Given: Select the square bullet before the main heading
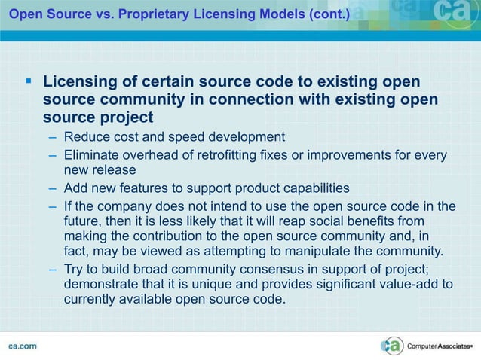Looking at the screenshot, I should pyautogui.click(x=29, y=80).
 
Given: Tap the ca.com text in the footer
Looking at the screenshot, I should pyautogui.click(x=22, y=346).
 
